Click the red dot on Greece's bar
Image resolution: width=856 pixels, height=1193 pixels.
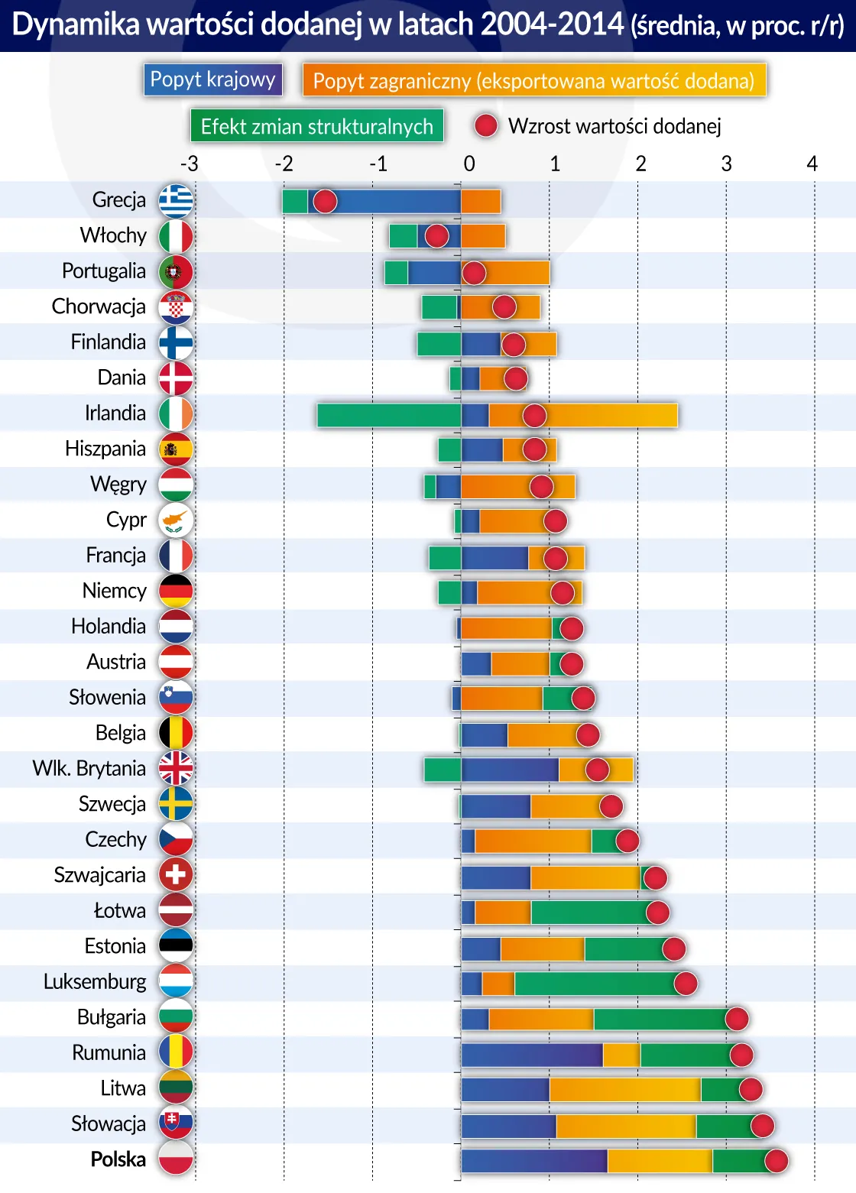click(x=325, y=201)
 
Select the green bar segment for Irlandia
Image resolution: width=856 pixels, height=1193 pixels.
click(x=388, y=415)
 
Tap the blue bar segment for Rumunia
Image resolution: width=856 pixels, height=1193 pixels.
click(x=531, y=1055)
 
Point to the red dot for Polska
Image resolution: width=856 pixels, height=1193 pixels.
click(x=776, y=1161)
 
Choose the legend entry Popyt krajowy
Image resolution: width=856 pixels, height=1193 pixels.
click(x=212, y=79)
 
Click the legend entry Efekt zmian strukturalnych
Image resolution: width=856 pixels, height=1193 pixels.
click(x=316, y=126)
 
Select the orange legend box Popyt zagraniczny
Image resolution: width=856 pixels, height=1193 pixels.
click(x=533, y=80)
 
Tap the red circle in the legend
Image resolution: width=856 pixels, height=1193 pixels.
click(x=486, y=126)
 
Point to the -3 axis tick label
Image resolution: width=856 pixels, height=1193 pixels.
click(x=189, y=164)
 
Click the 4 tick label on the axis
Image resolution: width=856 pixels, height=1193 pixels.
click(x=812, y=164)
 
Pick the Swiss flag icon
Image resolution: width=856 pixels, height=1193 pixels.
click(x=176, y=874)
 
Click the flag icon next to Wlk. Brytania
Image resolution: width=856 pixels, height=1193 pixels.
click(x=176, y=768)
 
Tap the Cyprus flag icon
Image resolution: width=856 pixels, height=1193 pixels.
click(x=176, y=520)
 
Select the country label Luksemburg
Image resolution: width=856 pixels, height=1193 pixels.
click(x=95, y=981)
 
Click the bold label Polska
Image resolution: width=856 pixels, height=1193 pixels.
click(x=118, y=1159)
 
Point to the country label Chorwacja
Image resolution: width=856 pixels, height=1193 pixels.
click(x=99, y=306)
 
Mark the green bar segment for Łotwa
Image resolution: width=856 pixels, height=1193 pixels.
click(x=588, y=912)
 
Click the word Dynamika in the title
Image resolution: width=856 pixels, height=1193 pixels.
click(x=76, y=25)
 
